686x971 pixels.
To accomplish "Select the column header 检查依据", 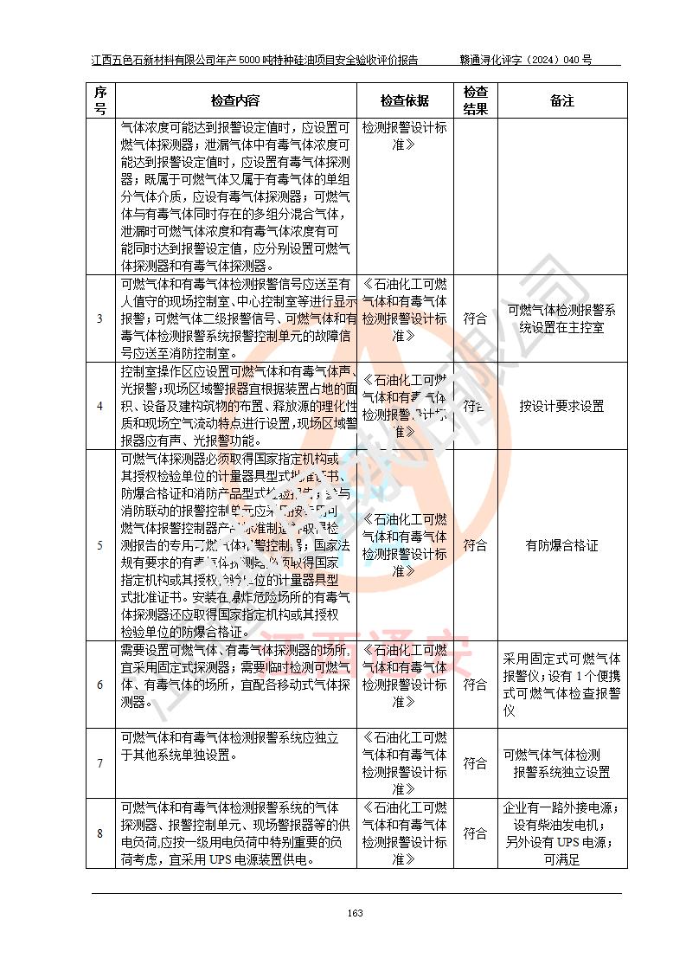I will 404,100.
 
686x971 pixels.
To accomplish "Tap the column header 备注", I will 561,100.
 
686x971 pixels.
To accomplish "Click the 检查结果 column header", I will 475,100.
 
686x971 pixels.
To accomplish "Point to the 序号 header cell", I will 100,100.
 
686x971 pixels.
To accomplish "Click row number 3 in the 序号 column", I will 100,318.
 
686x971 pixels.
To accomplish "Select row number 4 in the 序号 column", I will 100,406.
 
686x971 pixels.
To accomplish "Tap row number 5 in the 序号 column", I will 100,545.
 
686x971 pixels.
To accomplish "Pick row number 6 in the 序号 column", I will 100,685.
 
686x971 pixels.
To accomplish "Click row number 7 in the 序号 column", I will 100,763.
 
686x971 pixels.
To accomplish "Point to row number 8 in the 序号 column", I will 100,833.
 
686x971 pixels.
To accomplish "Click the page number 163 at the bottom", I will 355,913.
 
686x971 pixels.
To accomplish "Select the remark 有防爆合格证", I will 561,545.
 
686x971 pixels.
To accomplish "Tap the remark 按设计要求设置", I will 561,406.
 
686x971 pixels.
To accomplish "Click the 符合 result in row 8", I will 475,833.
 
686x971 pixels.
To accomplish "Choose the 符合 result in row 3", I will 475,318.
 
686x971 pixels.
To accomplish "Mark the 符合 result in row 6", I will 475,685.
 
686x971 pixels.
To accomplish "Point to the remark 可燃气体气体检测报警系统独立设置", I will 561,763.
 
